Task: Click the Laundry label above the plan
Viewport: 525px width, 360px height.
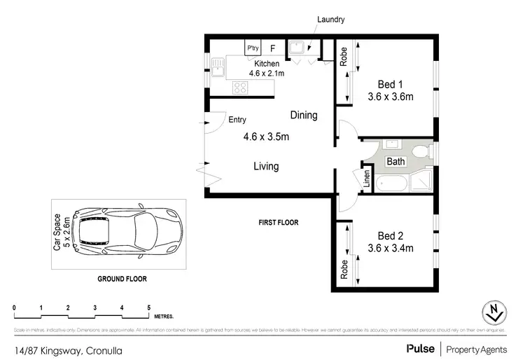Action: click(331, 20)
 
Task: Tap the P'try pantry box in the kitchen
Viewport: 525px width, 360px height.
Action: click(252, 48)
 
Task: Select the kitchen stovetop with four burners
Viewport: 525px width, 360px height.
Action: click(240, 88)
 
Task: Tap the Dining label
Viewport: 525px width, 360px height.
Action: click(304, 115)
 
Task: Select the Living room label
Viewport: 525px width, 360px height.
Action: click(266, 167)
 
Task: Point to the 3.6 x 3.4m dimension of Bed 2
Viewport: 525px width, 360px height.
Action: click(391, 248)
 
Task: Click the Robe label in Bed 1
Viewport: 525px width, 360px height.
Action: click(344, 55)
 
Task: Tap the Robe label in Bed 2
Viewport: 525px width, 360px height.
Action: click(344, 270)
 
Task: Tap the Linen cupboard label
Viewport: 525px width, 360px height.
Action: click(366, 180)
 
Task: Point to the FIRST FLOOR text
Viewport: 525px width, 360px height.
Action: click(279, 223)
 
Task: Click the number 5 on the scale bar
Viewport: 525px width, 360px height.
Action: click(148, 307)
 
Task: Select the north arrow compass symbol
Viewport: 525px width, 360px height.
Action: click(494, 313)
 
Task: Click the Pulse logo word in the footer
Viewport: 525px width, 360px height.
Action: click(419, 348)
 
